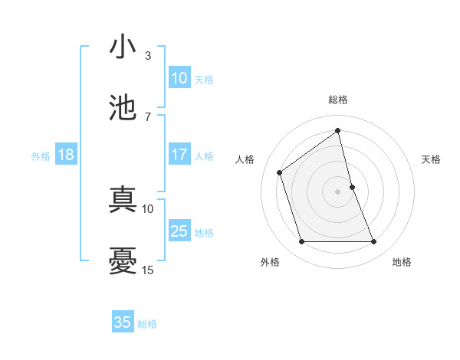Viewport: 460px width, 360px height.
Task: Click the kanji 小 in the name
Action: [123, 47]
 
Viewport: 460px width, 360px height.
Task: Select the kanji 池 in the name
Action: [123, 107]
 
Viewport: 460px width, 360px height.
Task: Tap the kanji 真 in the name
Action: [123, 198]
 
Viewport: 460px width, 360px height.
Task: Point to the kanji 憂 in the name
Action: [123, 260]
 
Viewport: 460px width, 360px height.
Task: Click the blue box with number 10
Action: [179, 78]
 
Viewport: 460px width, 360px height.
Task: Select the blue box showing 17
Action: [179, 155]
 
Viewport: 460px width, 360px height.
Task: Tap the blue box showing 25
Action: [179, 231]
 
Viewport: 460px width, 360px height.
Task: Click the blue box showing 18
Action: [65, 155]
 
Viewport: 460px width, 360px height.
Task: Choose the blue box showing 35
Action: [123, 322]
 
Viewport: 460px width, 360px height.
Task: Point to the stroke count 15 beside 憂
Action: [148, 270]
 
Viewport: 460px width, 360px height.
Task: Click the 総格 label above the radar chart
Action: [338, 100]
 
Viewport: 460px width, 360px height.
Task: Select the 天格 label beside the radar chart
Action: [432, 159]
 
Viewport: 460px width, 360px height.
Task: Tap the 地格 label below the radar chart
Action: [402, 262]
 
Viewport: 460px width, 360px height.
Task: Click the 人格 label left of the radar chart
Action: [245, 159]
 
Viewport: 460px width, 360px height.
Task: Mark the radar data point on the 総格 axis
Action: [338, 131]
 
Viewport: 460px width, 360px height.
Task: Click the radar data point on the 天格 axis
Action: [352, 186]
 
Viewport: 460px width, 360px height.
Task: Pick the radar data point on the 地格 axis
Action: [374, 242]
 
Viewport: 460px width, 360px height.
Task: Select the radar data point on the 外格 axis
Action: [301, 242]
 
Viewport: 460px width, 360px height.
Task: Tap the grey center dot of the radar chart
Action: [338, 191]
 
